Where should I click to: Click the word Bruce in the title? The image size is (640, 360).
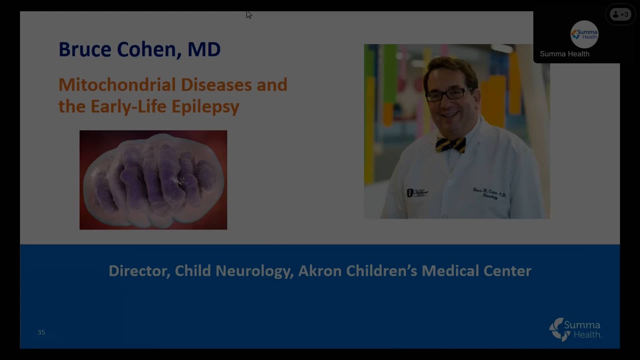[x=85, y=49]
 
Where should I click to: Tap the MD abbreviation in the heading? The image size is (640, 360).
[x=204, y=49]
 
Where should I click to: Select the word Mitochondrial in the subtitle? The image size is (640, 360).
[x=117, y=85]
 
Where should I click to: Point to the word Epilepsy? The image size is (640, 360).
[x=205, y=107]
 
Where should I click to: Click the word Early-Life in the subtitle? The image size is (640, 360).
[x=128, y=107]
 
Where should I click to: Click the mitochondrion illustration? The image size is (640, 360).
[x=153, y=180]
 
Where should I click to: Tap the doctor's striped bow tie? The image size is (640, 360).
[x=451, y=144]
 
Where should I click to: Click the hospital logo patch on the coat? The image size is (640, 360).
[x=417, y=193]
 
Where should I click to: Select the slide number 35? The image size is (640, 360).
[x=41, y=332]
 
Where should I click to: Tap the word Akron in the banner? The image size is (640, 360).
[x=320, y=271]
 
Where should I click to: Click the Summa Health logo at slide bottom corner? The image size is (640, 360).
[x=576, y=329]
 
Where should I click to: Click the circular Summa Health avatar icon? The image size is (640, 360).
[x=584, y=34]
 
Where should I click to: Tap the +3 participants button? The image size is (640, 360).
[x=620, y=14]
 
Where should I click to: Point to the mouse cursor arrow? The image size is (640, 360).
[x=249, y=14]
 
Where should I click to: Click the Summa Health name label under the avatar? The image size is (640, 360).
[x=564, y=54]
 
